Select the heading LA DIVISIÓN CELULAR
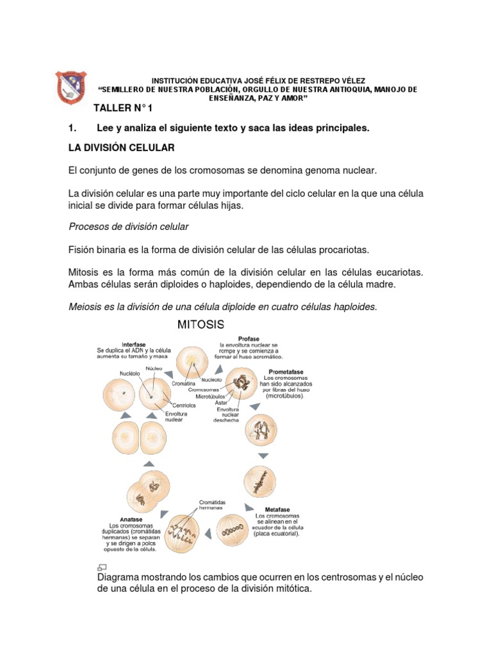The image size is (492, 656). (121, 148)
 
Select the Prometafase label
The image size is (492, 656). (286, 372)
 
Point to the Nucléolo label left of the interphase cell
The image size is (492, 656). (129, 373)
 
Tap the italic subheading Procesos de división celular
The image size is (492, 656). (129, 227)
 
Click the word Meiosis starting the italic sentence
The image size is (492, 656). (86, 307)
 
